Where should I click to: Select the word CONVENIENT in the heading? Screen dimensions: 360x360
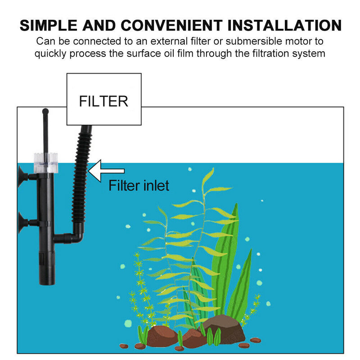pos(171,25)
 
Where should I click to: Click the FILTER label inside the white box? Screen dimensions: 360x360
pos(103,101)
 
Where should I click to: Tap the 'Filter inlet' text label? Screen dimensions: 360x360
pos(139,185)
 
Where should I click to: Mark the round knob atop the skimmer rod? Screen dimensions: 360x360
pos(45,110)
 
